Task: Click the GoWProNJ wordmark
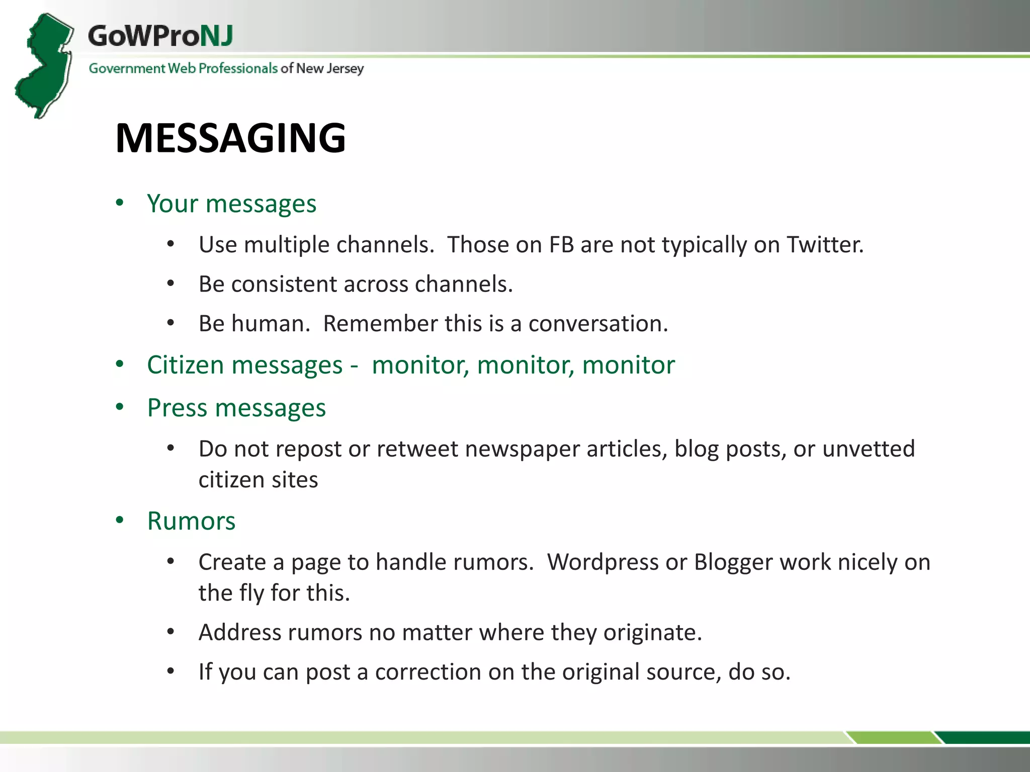click(x=160, y=36)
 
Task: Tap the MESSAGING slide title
click(x=230, y=138)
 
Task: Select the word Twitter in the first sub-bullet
click(x=825, y=245)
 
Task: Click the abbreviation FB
click(x=561, y=245)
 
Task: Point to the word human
click(x=271, y=324)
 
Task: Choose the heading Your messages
click(x=231, y=204)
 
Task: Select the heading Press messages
click(x=236, y=408)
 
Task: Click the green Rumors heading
click(x=191, y=521)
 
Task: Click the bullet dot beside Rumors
click(x=120, y=520)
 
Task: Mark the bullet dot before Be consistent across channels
click(x=171, y=284)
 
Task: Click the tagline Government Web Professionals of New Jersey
click(x=226, y=68)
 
